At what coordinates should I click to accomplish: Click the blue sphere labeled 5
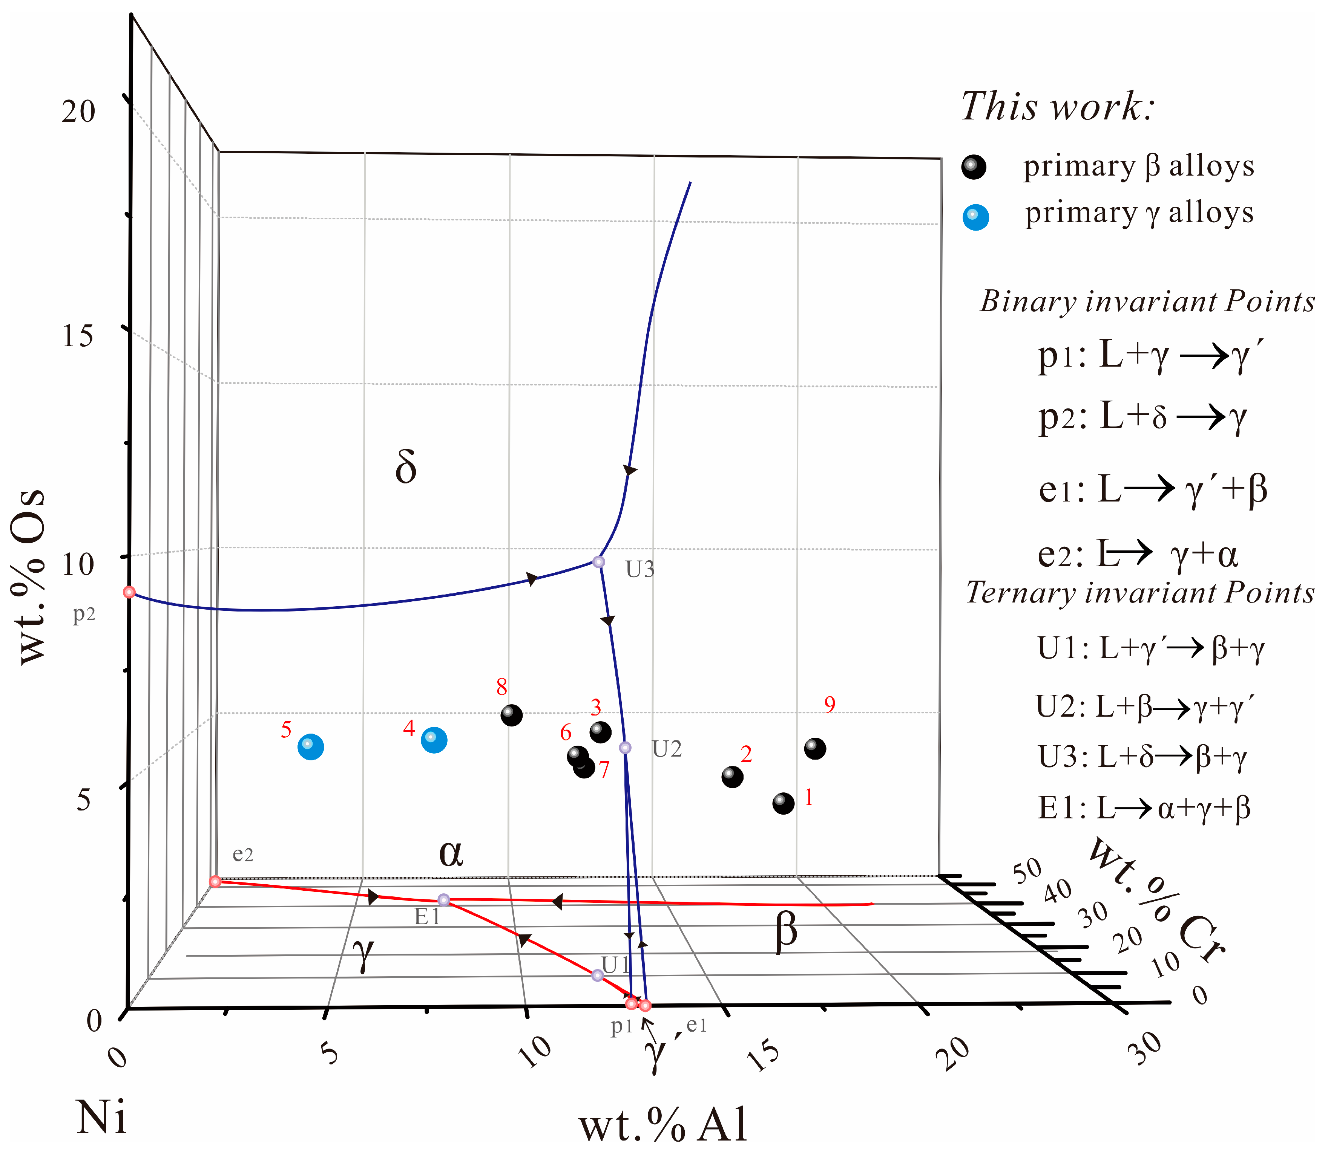coord(311,747)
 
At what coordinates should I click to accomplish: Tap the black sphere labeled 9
coord(815,748)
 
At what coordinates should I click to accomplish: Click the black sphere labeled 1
coord(783,803)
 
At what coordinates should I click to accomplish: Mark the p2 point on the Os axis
coord(129,592)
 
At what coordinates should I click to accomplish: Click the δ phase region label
coord(405,467)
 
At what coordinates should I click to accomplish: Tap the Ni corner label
coord(101,1117)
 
